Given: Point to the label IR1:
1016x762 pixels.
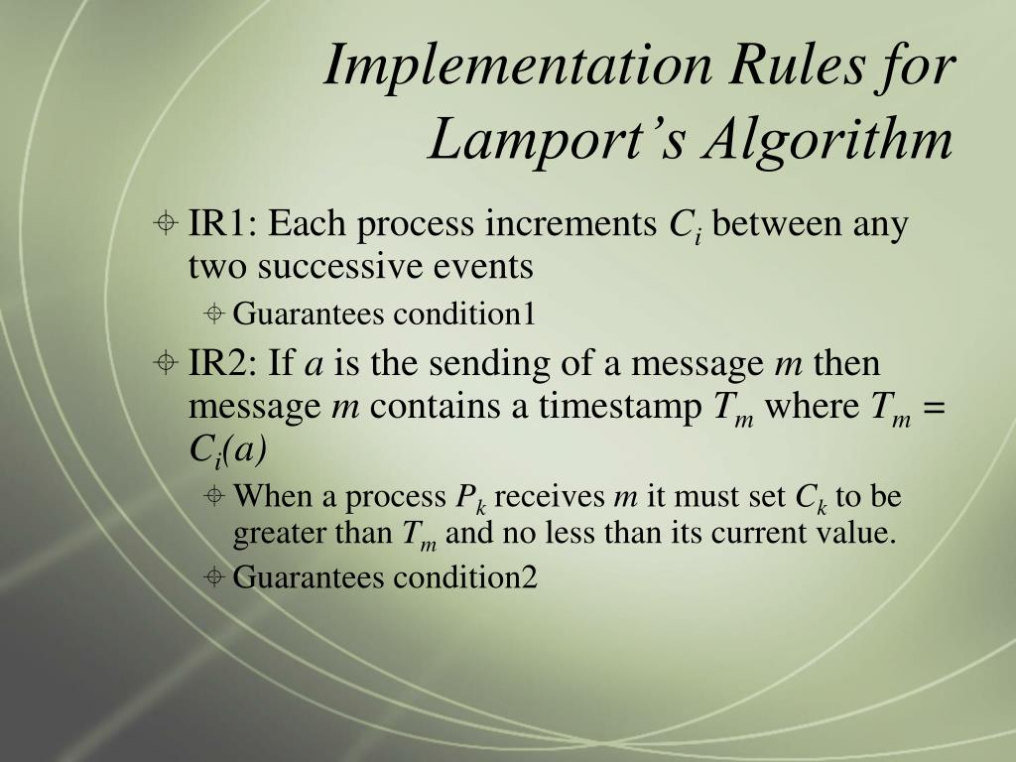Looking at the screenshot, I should coord(223,225).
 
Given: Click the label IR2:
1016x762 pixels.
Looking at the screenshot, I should coord(223,364).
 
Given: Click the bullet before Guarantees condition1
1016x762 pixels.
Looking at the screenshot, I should coord(214,316).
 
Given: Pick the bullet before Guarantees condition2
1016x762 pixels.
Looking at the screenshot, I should coord(214,577).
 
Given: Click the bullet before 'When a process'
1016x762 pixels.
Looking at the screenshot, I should coord(214,496).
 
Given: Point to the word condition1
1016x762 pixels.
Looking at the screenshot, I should coord(464,316).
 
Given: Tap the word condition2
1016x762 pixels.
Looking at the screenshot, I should coord(465,577).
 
